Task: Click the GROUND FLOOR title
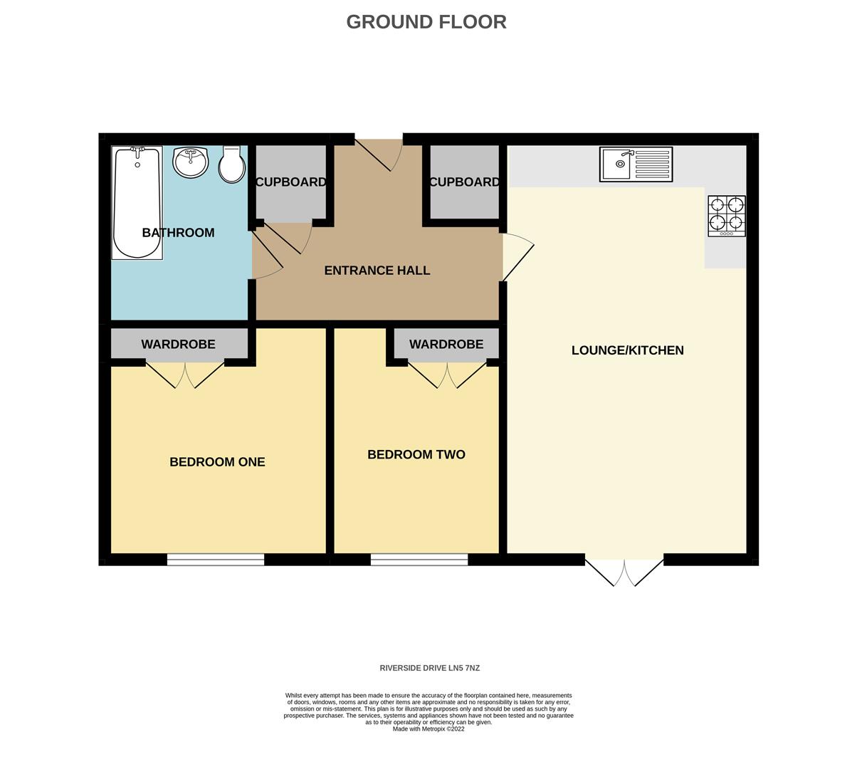426,22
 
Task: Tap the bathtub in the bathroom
137,203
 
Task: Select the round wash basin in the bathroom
190,162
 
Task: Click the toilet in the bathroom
231,165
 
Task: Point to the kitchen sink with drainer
636,164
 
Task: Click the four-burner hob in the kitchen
727,216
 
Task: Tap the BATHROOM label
178,233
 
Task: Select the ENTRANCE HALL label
377,271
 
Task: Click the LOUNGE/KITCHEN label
627,350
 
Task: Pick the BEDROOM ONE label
217,462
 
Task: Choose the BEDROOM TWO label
416,454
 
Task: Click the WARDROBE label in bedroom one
178,345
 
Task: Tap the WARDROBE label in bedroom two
446,345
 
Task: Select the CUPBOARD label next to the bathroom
290,182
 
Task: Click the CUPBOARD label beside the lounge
464,182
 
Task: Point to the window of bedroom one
216,560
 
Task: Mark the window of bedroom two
419,560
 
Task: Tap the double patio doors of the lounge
624,572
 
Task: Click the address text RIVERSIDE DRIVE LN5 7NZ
429,668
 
